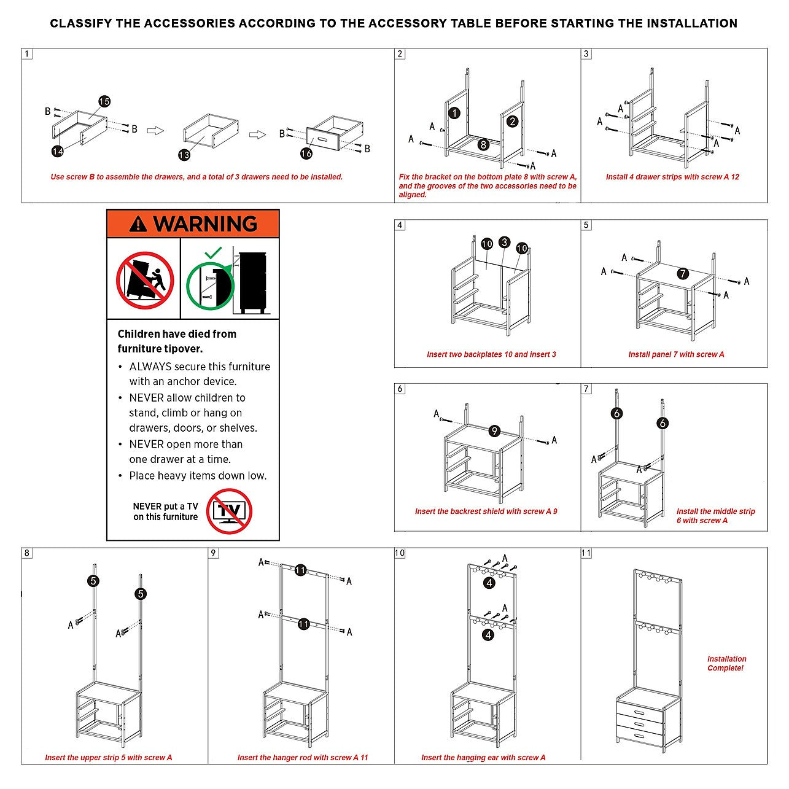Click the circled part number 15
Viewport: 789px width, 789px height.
pyautogui.click(x=104, y=101)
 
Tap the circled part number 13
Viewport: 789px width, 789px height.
pyautogui.click(x=184, y=155)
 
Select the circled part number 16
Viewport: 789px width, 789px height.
pyautogui.click(x=306, y=154)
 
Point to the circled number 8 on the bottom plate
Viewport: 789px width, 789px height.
pyautogui.click(x=484, y=144)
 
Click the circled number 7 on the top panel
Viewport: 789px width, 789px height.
pyautogui.click(x=683, y=274)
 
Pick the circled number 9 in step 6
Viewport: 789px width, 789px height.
pyautogui.click(x=494, y=431)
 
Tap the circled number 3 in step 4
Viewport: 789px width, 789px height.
pyautogui.click(x=504, y=242)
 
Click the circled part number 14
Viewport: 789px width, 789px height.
pyautogui.click(x=57, y=150)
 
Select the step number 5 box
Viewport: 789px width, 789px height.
pyautogui.click(x=586, y=225)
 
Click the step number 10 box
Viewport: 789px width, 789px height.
pyautogui.click(x=400, y=553)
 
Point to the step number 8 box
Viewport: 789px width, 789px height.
pyautogui.click(x=27, y=553)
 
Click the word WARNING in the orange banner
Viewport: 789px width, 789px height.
pyautogui.click(x=205, y=224)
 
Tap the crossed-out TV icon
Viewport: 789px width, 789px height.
pyautogui.click(x=229, y=511)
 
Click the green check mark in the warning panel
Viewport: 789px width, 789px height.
pyautogui.click(x=212, y=252)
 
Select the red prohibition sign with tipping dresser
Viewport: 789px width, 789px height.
pyautogui.click(x=145, y=280)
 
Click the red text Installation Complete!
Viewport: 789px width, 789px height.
pyautogui.click(x=726, y=663)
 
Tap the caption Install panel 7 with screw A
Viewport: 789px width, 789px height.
pyautogui.click(x=676, y=354)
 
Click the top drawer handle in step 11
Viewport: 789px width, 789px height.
pyautogui.click(x=640, y=712)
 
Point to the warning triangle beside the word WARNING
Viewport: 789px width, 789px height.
pyautogui.click(x=139, y=224)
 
